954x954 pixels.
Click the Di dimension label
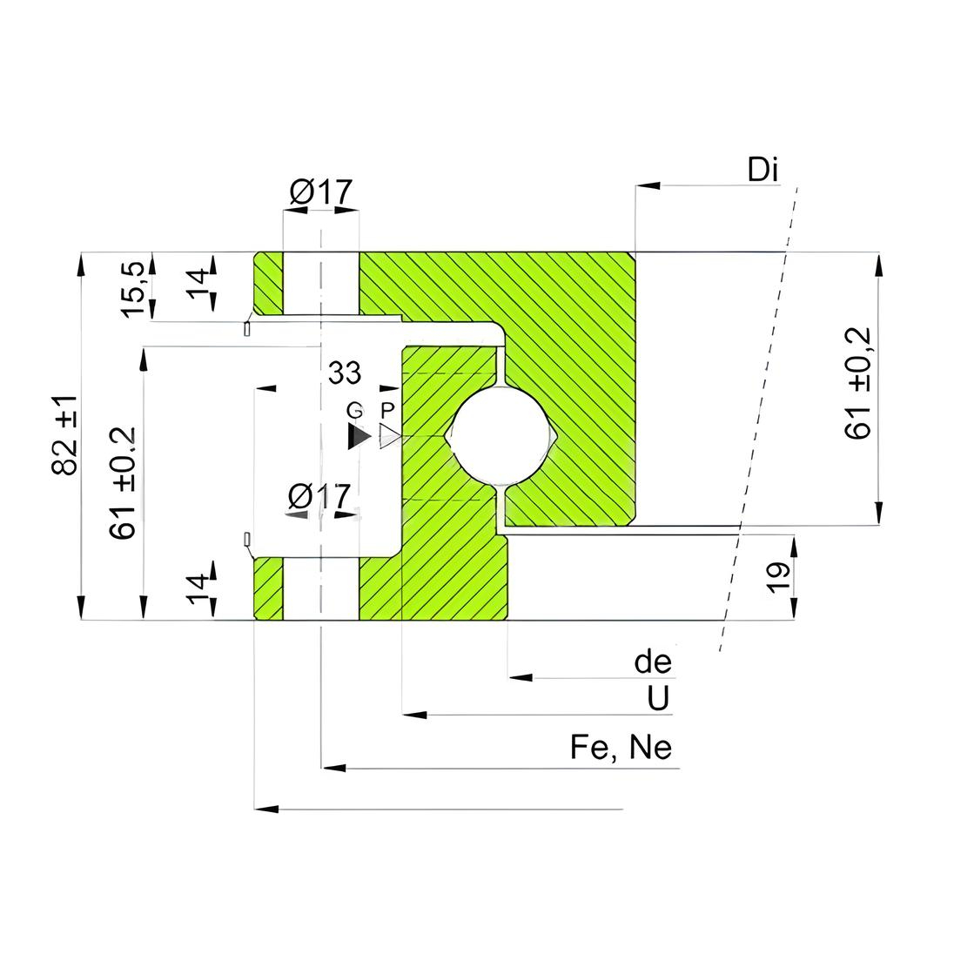click(763, 170)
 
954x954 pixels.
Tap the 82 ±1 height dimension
click(65, 434)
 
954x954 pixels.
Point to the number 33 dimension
click(345, 373)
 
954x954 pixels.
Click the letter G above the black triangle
click(355, 411)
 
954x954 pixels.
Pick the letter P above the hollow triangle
click(387, 411)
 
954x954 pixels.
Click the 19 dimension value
click(778, 577)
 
